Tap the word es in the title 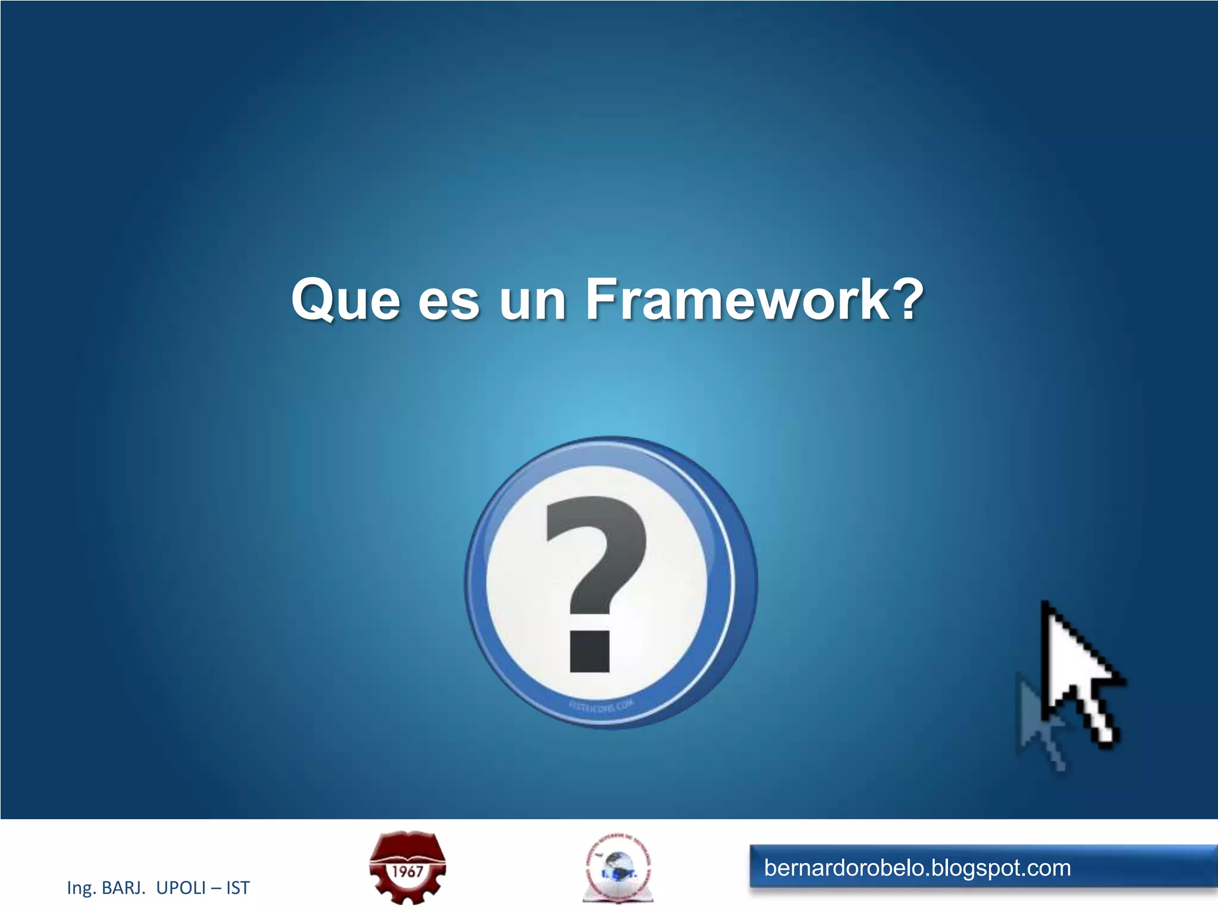tap(448, 301)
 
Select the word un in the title tap(532, 301)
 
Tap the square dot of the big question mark tap(589, 651)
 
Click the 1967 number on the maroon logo tap(407, 871)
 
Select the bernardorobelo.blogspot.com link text tap(917, 868)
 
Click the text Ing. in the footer tap(81, 888)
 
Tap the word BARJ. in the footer tap(124, 888)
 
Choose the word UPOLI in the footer tap(181, 888)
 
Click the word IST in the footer tap(238, 888)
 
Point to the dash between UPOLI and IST tap(216, 889)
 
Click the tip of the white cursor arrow tap(1044, 604)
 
